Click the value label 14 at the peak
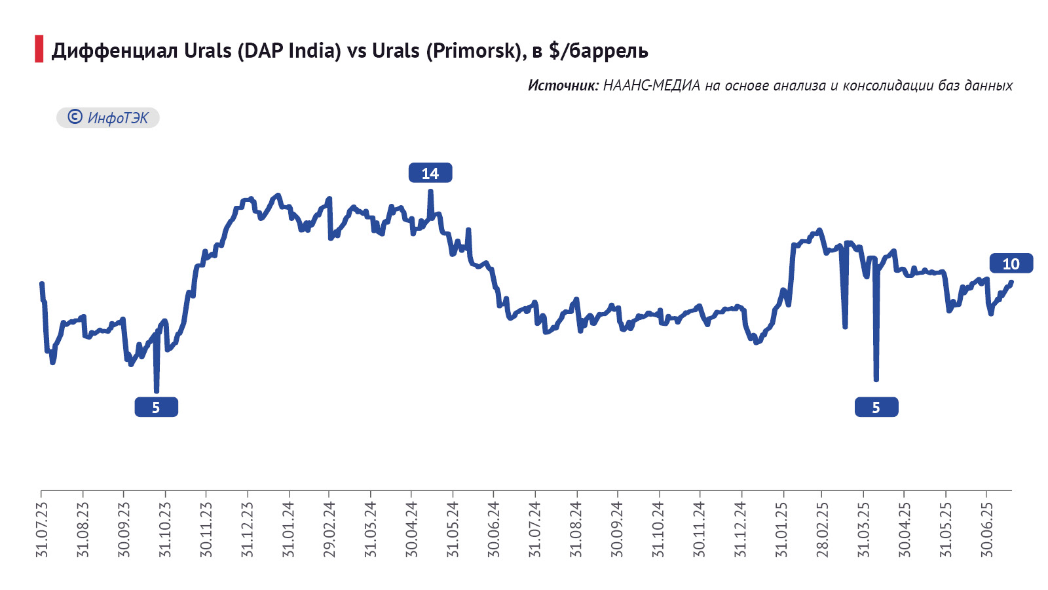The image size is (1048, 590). [430, 173]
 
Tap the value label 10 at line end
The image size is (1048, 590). [1011, 264]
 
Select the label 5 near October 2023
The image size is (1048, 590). [156, 407]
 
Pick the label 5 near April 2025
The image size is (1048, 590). [876, 407]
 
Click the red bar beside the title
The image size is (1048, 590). [39, 49]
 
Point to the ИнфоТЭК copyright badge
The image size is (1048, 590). [108, 117]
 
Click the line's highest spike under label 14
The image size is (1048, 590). [430, 191]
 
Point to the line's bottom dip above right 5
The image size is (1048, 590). [876, 379]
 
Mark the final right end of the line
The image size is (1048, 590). [1011, 283]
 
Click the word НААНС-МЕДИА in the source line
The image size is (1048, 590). [651, 85]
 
